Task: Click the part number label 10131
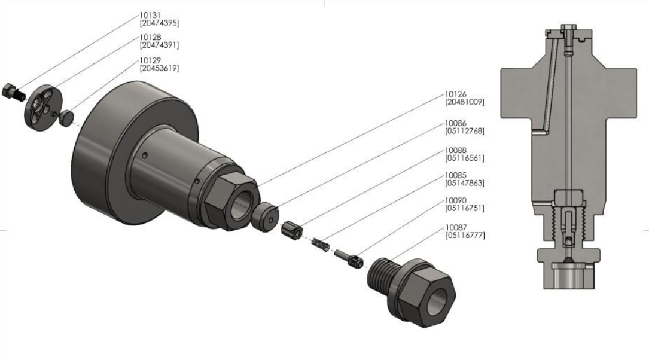[150, 16]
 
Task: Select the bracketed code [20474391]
[159, 45]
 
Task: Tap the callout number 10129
[150, 60]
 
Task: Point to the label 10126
[456, 94]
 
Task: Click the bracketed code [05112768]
[464, 131]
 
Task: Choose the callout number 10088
[456, 150]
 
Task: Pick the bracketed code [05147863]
[464, 183]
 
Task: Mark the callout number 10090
[456, 200]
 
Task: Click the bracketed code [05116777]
[465, 236]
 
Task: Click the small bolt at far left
[13, 92]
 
